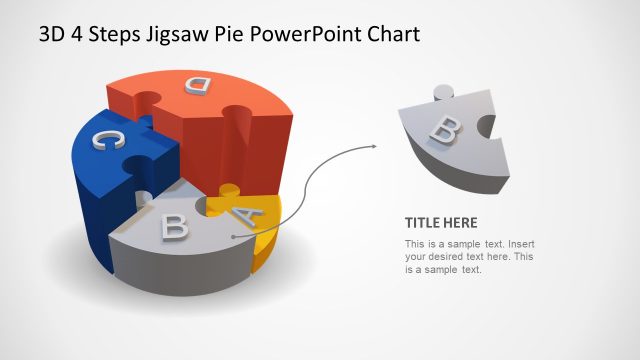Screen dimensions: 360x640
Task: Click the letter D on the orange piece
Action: coord(198,85)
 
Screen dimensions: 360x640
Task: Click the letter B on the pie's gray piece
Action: coord(175,226)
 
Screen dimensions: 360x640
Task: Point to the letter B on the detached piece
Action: coord(446,127)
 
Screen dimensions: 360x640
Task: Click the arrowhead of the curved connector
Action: coord(374,147)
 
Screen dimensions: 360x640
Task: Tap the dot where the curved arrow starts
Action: coord(232,237)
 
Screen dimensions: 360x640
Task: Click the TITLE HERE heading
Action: coord(441,222)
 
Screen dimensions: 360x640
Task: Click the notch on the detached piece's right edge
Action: coord(486,128)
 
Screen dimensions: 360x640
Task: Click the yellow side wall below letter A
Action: coord(265,245)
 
